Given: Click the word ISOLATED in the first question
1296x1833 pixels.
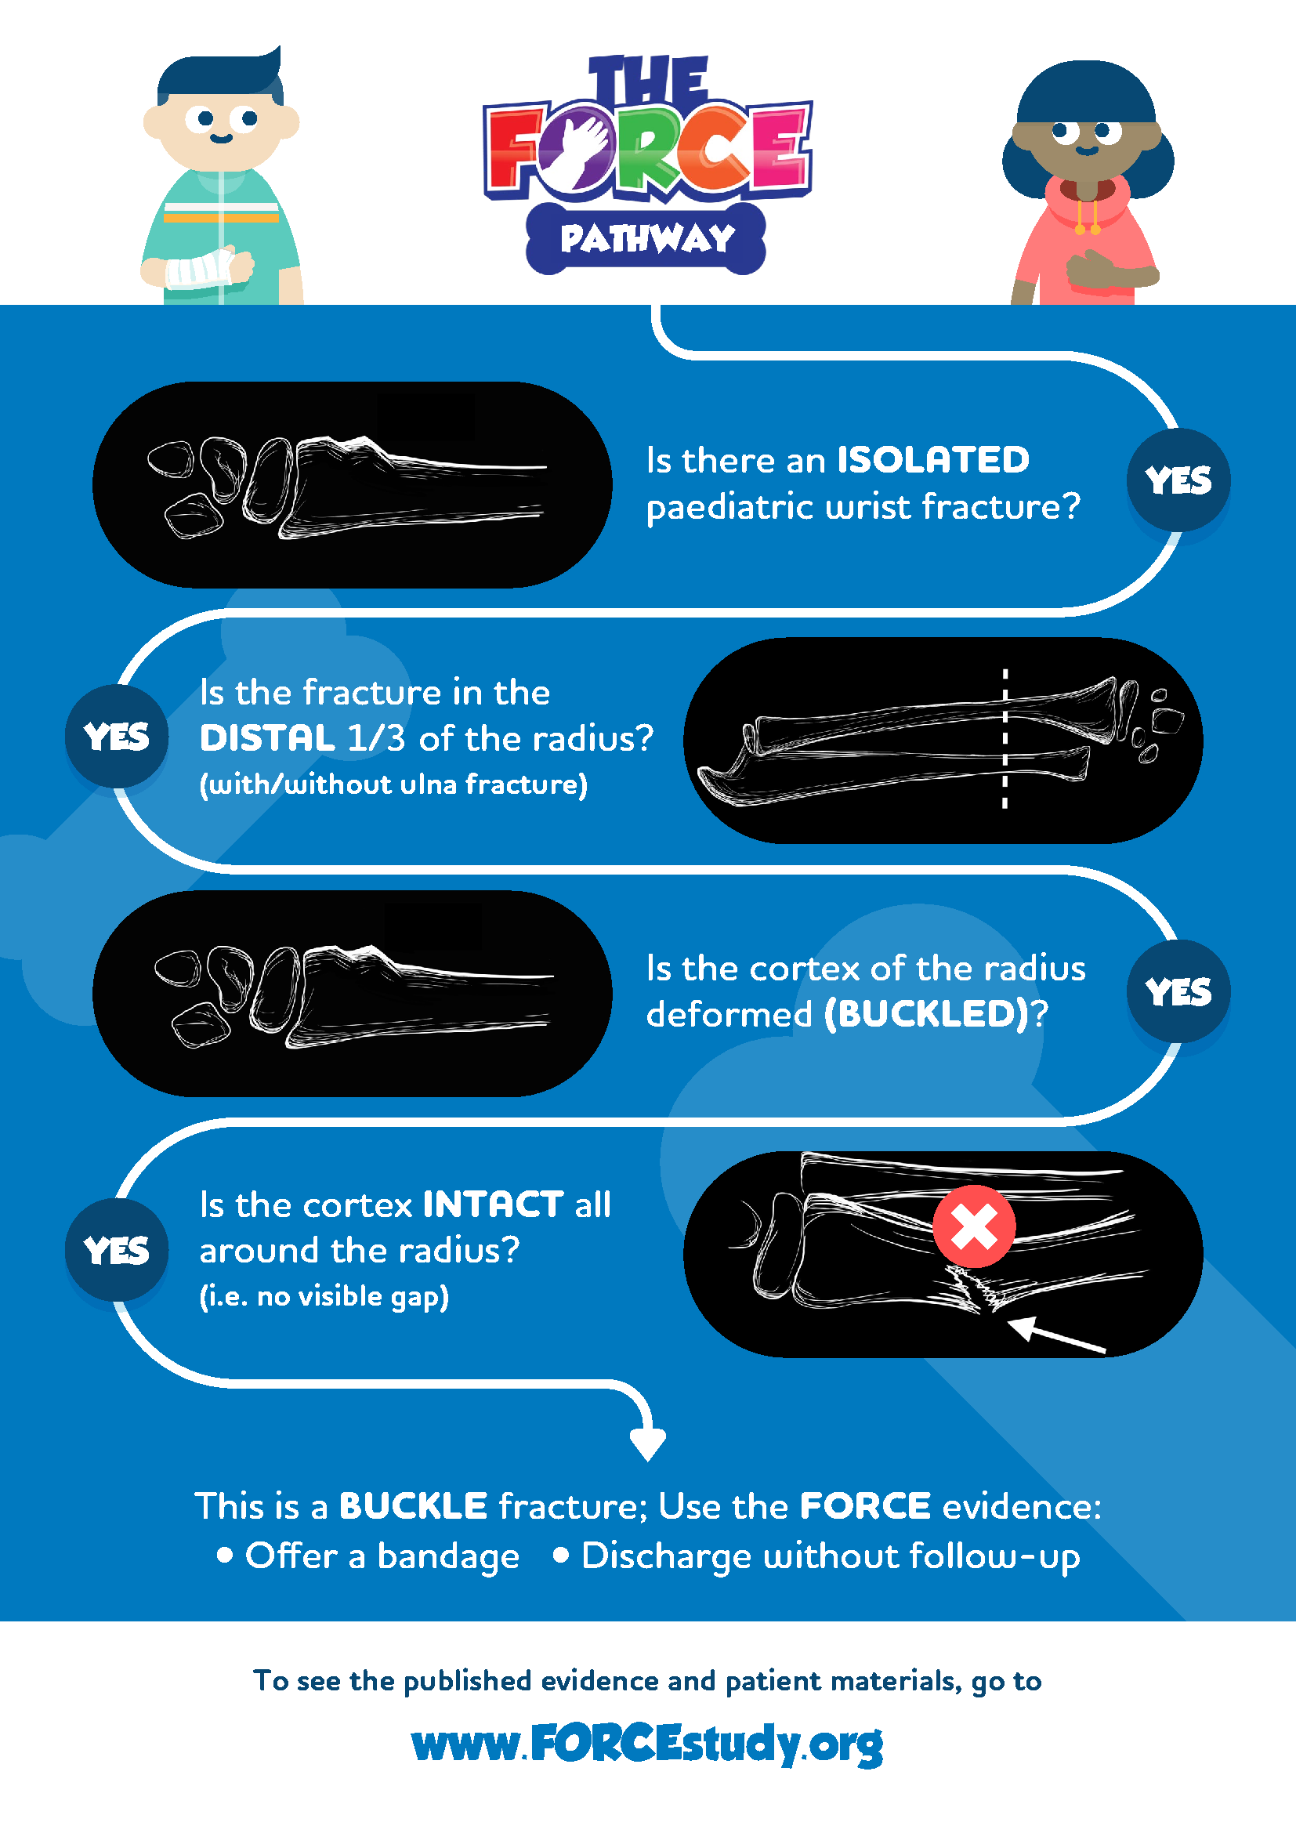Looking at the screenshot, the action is [x=933, y=460].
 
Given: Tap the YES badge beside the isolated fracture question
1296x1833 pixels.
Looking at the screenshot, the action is [x=1178, y=480].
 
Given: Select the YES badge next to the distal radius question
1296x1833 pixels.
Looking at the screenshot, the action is [x=117, y=736].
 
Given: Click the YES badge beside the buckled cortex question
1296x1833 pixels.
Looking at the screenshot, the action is [x=1178, y=991].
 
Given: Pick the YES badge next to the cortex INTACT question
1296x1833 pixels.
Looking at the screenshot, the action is [x=117, y=1250].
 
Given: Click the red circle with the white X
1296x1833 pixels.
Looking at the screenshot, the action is [x=975, y=1226].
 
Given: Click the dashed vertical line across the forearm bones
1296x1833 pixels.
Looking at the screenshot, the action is [x=1005, y=739].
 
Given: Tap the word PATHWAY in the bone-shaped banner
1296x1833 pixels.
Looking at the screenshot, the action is [x=647, y=239].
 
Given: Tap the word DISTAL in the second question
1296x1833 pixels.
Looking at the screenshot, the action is [x=267, y=738].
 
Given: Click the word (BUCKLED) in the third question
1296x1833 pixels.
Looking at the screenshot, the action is [x=926, y=1014].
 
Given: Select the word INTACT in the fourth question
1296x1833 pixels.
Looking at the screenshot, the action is [x=493, y=1204].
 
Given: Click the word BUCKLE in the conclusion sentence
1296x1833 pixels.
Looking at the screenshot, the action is [x=413, y=1506].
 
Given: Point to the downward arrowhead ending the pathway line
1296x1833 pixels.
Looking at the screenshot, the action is [x=648, y=1444].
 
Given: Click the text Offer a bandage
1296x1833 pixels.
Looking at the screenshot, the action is [x=382, y=1556].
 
